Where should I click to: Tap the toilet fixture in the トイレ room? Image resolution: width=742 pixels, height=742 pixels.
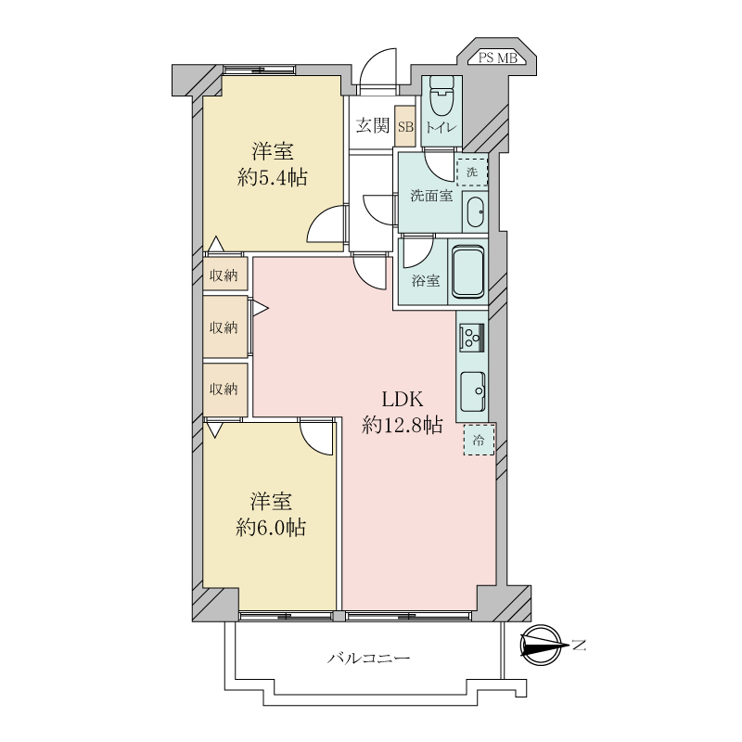pos(441,96)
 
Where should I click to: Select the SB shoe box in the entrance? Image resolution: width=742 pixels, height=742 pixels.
pos(405,126)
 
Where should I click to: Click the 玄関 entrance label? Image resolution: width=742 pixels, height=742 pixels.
pos(373,126)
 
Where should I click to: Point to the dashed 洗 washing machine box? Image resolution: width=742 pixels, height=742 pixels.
pos(472,173)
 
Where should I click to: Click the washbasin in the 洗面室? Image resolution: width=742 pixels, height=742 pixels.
pos(475,212)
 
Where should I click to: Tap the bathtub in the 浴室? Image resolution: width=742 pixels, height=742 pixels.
pos(468,271)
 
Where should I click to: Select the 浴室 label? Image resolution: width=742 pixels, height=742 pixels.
pos(426,281)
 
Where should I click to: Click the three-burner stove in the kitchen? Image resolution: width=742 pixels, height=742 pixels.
pos(471,337)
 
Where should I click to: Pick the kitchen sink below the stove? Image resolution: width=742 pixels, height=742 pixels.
pos(472,390)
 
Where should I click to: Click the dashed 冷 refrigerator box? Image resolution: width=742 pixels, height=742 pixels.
pos(479,440)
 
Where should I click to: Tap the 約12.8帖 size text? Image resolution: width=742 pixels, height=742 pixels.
pos(403,425)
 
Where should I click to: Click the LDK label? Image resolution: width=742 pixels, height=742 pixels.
pos(403,400)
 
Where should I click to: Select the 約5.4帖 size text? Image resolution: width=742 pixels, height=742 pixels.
pos(272,177)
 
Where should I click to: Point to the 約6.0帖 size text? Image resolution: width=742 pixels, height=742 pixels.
pos(271,527)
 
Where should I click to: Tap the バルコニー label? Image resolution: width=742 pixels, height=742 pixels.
pos(368,658)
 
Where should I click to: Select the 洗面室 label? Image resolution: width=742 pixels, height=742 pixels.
pos(431,196)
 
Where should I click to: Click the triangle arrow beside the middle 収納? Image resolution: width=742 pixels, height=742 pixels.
pos(261,309)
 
